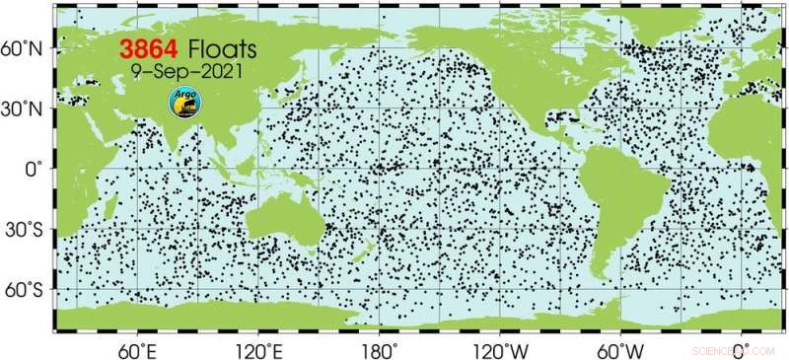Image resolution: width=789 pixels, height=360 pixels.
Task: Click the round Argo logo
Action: [182, 100]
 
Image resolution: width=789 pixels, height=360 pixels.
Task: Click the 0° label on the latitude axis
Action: [33, 169]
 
